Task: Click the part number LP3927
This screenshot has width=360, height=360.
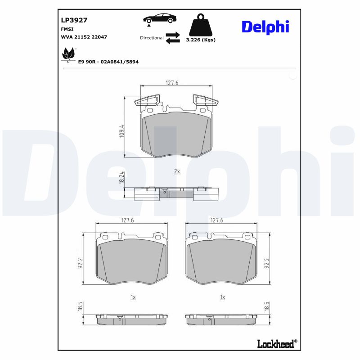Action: (74, 20)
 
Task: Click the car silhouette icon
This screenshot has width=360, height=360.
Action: (160, 18)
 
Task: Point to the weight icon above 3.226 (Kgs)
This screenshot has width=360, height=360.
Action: (200, 27)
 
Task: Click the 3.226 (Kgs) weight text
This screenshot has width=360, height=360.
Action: (201, 40)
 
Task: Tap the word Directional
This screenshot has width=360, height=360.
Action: (152, 38)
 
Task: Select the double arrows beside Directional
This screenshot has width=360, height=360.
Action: (173, 38)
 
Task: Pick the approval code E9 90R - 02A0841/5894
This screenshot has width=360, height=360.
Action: (108, 61)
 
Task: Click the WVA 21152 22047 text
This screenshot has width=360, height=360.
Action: (84, 37)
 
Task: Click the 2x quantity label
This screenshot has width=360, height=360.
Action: (177, 171)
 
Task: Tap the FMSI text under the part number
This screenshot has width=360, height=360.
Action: (67, 28)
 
